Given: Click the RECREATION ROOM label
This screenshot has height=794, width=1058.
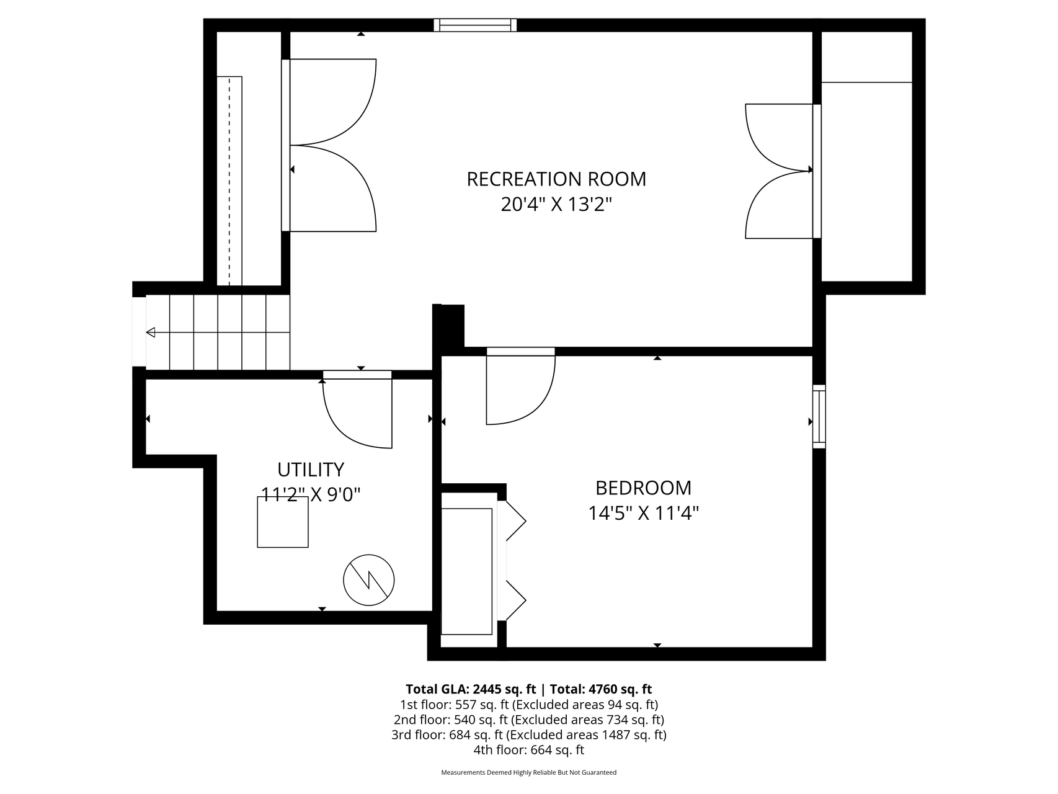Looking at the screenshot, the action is [556, 179].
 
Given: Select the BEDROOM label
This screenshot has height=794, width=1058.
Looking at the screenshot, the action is [643, 488].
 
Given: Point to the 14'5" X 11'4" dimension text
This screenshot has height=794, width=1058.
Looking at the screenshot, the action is [643, 514].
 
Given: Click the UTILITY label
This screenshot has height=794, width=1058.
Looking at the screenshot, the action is [310, 469].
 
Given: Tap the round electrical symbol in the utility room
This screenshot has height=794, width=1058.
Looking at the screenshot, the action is [369, 580].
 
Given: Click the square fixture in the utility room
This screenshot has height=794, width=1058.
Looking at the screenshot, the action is [283, 522].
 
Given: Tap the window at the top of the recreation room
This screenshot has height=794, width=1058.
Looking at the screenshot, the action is [475, 25].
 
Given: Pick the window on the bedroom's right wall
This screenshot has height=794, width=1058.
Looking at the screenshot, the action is [819, 416].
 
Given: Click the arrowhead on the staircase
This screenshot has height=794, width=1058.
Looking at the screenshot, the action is [151, 332].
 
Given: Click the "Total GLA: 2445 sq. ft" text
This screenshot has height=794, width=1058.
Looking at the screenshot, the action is [471, 689].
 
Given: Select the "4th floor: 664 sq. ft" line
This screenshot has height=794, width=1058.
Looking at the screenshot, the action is [529, 750].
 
